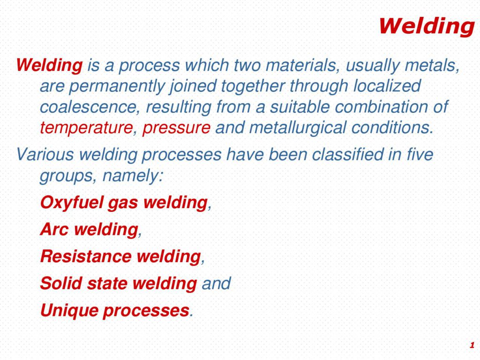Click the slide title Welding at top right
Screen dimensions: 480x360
pyautogui.click(x=427, y=26)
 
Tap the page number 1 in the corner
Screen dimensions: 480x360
pyautogui.click(x=472, y=345)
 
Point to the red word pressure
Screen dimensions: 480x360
pyautogui.click(x=176, y=128)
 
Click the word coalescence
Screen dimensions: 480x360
pyautogui.click(x=88, y=107)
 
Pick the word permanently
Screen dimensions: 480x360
pyautogui.click(x=117, y=87)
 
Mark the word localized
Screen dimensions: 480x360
pyautogui.click(x=387, y=86)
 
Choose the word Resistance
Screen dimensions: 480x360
pyautogui.click(x=86, y=256)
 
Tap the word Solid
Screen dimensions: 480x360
pyautogui.click(x=61, y=283)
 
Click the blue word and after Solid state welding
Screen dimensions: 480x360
pyautogui.click(x=216, y=283)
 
